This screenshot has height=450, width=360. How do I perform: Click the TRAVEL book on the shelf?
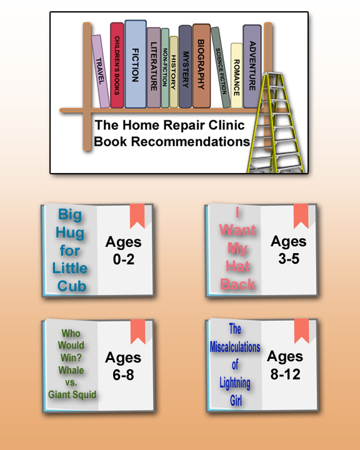pos(101,71)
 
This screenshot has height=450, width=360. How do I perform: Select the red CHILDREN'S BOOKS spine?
pos(117,65)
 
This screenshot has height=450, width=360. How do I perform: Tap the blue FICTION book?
pos(136,64)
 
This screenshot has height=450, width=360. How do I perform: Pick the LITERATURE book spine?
pos(154,67)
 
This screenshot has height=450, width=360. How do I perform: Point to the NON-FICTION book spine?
pos(165,68)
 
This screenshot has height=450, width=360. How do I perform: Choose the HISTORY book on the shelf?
pos(174,72)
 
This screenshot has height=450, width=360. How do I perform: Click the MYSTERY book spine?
pos(185,67)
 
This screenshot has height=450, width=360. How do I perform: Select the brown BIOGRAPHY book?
pos(201,66)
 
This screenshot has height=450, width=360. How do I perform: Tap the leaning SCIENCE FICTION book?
pos(221,67)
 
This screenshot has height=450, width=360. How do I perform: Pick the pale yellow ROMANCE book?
pos(236,76)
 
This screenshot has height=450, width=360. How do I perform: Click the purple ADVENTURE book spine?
pos(252,66)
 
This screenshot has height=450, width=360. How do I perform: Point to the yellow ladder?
pos(276,123)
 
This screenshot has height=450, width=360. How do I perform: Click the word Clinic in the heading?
pos(226,125)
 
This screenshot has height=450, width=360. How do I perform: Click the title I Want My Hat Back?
pos(237,249)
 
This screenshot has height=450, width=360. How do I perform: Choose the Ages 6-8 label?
pos(123,366)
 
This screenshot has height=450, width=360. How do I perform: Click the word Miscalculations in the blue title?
pos(235,347)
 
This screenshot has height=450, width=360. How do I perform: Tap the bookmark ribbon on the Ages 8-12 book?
pos(301,331)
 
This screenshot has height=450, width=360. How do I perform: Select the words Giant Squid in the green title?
pos(72,394)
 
